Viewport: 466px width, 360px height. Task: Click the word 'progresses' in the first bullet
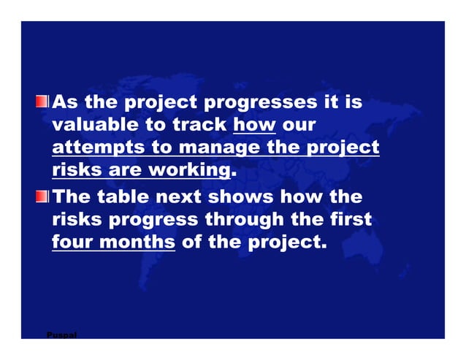point(260,102)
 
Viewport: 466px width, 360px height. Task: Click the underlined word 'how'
point(253,125)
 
